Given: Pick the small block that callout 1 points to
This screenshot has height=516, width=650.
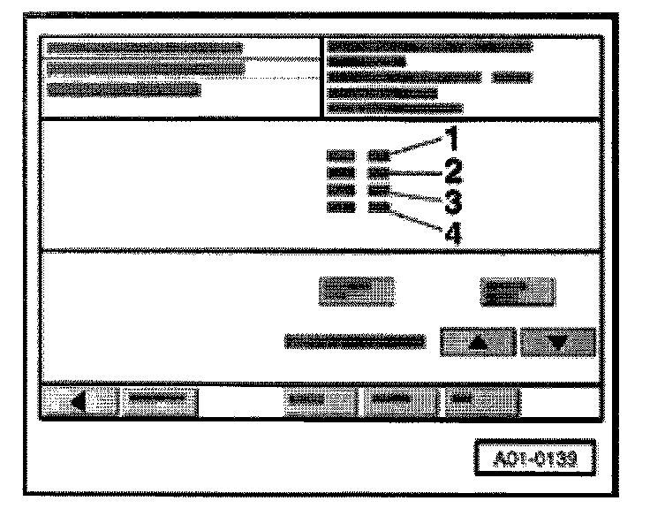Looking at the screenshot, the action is tap(379, 156).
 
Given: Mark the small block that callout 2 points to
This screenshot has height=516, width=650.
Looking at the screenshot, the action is tap(379, 173).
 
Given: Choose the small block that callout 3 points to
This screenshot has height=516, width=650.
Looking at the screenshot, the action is tap(379, 190).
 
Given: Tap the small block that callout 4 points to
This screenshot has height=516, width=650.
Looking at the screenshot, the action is tap(379, 208).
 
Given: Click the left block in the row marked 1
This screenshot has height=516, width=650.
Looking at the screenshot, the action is tap(341, 156).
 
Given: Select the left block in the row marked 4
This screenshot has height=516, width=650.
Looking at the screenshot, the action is tap(341, 208).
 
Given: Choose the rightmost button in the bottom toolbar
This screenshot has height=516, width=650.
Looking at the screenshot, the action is tap(481, 402).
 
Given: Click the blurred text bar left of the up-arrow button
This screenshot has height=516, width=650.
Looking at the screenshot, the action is tap(352, 339).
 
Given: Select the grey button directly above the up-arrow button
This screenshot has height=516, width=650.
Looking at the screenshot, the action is tap(518, 289).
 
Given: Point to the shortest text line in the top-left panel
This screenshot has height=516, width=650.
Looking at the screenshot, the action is tap(124, 88).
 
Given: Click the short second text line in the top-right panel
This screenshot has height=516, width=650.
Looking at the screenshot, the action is tap(367, 62).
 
